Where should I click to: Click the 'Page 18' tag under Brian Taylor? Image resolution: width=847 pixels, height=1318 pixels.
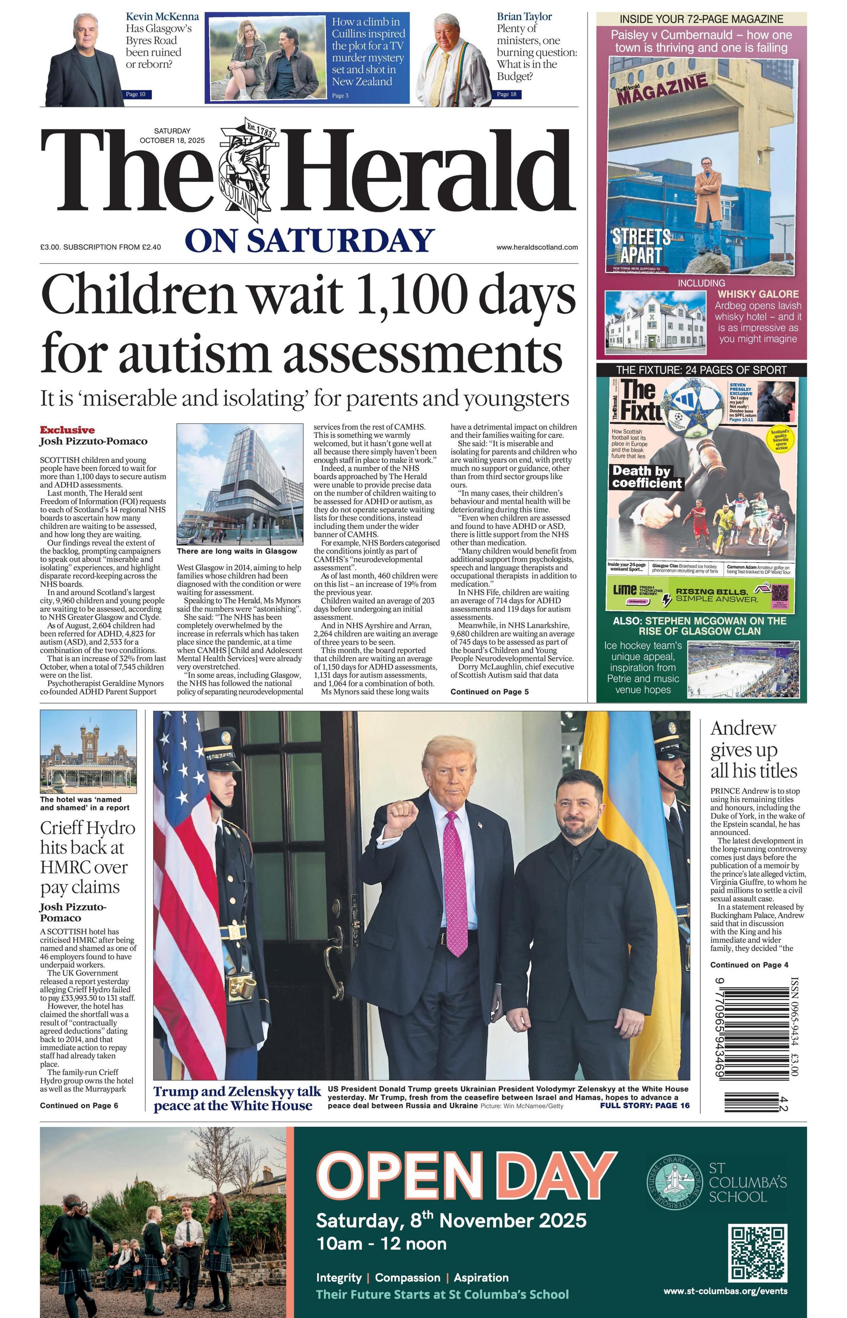click(507, 95)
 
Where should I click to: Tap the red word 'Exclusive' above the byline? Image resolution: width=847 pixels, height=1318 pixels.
click(67, 430)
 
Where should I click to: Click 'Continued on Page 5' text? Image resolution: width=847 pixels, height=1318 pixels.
click(489, 691)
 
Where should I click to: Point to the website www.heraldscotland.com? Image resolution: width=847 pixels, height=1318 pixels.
click(537, 247)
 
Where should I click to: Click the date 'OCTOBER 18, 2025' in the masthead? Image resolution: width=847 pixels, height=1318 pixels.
click(172, 140)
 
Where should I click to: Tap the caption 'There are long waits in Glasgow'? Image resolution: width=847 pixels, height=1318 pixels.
click(237, 551)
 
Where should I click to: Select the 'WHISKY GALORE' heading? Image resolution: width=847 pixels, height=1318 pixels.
click(758, 294)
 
